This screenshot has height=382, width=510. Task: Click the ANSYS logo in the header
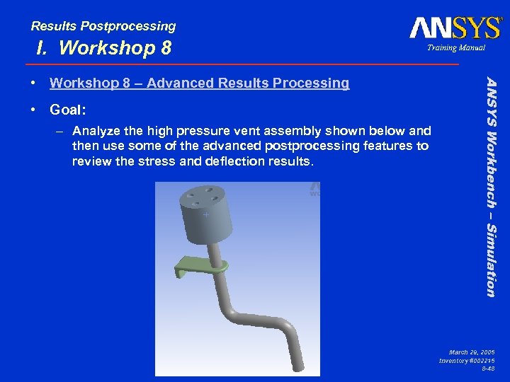tap(455, 28)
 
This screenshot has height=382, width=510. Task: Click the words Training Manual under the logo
tap(456, 48)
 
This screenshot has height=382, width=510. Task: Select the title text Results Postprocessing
tap(103, 26)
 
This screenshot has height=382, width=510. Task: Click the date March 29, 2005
tap(472, 352)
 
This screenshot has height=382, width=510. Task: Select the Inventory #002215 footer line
tap(467, 361)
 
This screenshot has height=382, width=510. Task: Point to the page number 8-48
tap(487, 369)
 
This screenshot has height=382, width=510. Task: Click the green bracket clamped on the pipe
tap(198, 267)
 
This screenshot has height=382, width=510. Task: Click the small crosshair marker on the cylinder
tap(205, 214)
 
